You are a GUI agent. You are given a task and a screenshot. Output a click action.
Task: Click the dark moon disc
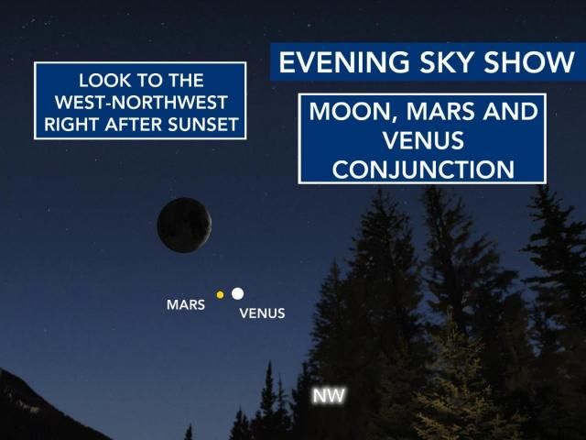[x=184, y=225]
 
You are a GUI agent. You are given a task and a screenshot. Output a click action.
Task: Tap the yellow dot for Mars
[x=220, y=294]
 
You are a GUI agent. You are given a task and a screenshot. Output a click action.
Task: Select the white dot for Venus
[x=237, y=293]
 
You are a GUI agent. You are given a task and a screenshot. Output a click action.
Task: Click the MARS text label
[x=186, y=304]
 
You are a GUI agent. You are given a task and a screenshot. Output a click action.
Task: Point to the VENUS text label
[x=262, y=313]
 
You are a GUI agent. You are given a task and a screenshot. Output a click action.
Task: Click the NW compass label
[x=329, y=397]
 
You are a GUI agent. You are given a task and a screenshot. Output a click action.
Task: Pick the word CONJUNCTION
[x=422, y=170]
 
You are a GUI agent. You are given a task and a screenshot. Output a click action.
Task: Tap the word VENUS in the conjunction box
[x=422, y=141]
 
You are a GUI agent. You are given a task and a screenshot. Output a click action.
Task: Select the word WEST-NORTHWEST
[x=140, y=101]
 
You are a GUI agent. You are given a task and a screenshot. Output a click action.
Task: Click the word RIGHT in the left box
[x=71, y=122]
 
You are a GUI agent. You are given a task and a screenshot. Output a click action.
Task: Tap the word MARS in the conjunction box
[x=438, y=114]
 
